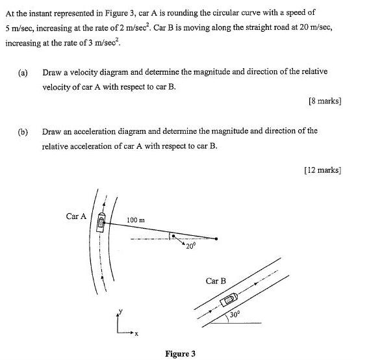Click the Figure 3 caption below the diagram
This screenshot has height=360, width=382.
click(x=180, y=354)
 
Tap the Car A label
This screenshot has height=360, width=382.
click(x=76, y=216)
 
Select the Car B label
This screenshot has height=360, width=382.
click(x=216, y=281)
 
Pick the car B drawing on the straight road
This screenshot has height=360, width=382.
click(x=229, y=300)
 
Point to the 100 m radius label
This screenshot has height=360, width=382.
click(x=136, y=220)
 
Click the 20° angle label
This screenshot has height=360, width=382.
click(x=190, y=247)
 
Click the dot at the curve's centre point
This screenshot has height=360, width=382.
click(x=216, y=238)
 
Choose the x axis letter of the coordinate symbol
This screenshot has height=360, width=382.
click(x=136, y=334)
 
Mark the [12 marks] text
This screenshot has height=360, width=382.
click(x=322, y=170)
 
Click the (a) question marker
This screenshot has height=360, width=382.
click(x=23, y=73)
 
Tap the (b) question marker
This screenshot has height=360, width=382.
click(x=23, y=131)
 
